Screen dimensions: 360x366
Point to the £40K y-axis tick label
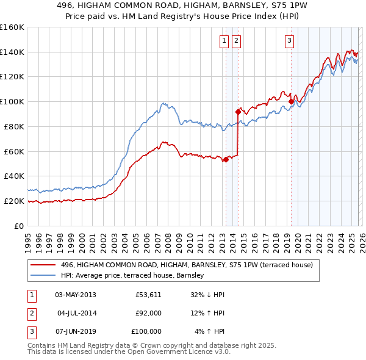point(13,176)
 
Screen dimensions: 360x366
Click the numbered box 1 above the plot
point(224,41)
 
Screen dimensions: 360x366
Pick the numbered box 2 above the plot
point(236,41)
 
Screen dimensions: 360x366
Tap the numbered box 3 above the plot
point(289,41)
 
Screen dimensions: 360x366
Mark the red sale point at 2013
point(226,159)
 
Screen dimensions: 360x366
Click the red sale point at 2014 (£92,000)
point(238,112)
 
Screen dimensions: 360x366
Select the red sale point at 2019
point(291,101)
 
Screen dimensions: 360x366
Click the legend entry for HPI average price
point(136,275)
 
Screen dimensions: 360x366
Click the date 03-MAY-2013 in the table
point(75,295)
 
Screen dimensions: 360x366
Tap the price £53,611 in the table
point(148,295)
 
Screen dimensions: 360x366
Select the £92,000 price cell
point(148,313)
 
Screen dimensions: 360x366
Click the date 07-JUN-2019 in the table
point(75,331)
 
